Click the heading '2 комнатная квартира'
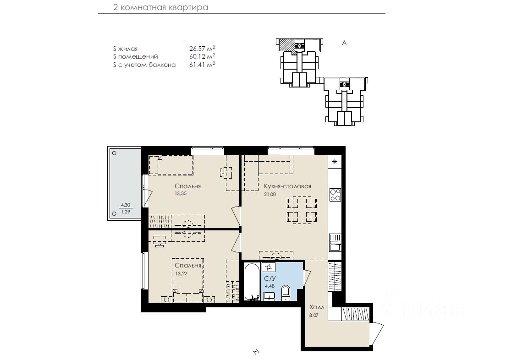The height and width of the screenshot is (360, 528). click(160, 7)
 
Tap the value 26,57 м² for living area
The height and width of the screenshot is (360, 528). click(202, 49)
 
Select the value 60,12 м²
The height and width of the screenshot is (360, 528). click(202, 56)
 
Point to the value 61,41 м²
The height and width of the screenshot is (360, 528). click(202, 64)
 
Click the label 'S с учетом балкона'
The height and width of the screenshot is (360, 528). click(144, 65)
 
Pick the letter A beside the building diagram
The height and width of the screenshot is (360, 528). click(344, 43)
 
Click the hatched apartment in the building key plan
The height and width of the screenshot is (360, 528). click(286, 45)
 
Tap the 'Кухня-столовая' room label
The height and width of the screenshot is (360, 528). click(287, 186)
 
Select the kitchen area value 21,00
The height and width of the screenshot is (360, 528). click(270, 194)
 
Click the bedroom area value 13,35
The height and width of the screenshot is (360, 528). click(181, 193)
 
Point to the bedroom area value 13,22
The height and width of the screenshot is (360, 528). click(181, 273)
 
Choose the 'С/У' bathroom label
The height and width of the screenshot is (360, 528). click(270, 278)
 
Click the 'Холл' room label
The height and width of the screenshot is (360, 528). click(317, 307)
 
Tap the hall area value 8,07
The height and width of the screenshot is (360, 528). click(313, 315)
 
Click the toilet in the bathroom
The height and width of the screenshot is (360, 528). click(285, 292)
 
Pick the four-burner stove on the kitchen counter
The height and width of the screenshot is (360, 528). click(335, 195)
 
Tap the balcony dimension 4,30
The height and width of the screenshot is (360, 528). click(126, 205)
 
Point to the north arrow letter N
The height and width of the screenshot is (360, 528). click(256, 352)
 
